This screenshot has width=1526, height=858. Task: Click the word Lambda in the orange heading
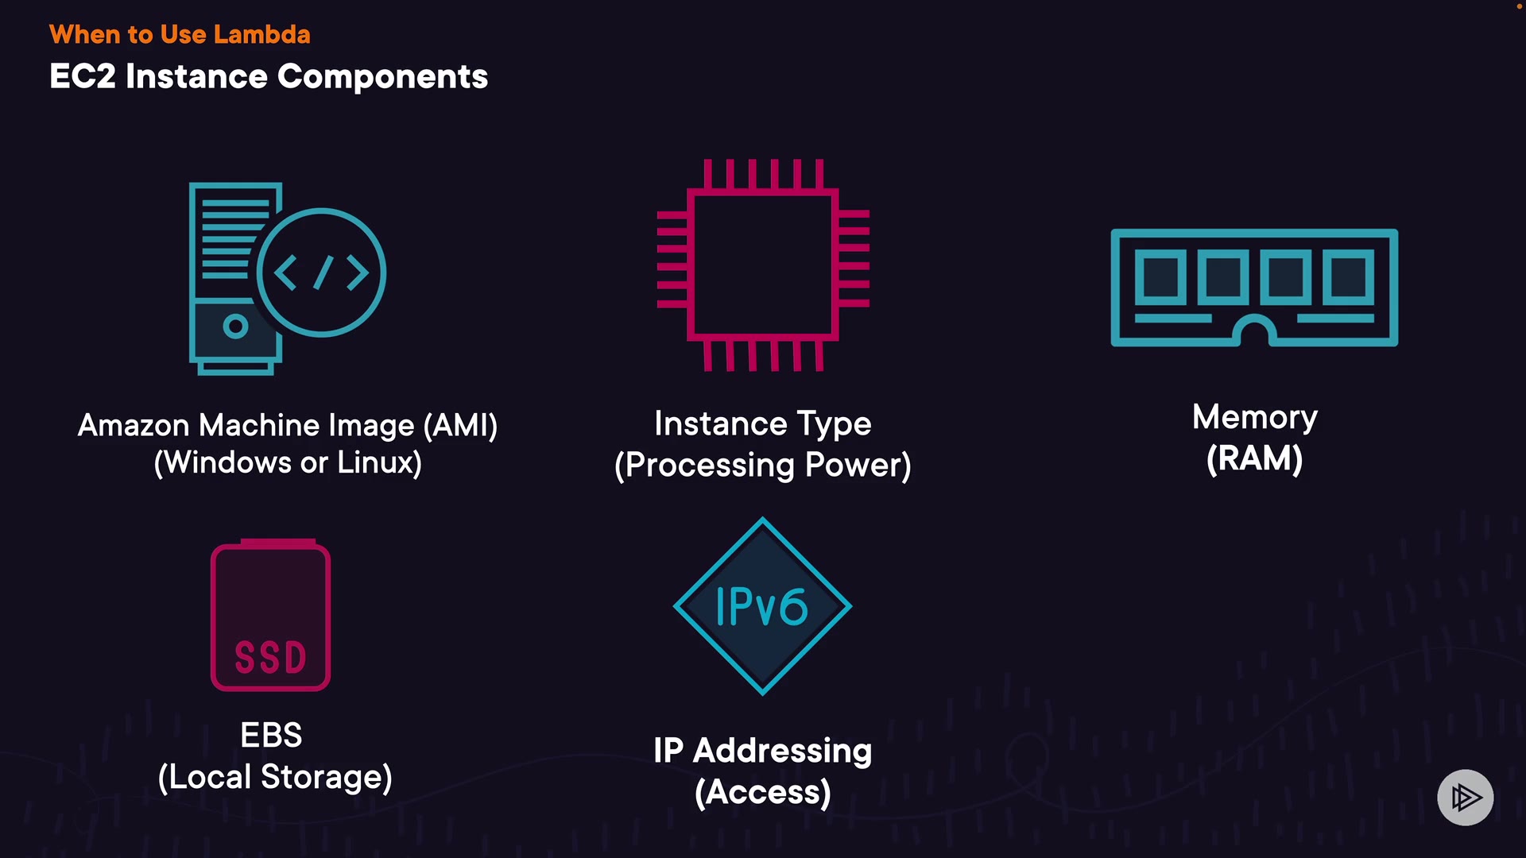click(261, 35)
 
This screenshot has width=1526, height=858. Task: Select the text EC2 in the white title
click(83, 77)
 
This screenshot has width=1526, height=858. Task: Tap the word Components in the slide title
click(382, 77)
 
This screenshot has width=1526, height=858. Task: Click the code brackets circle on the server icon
click(321, 272)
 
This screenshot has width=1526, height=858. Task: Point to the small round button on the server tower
click(235, 326)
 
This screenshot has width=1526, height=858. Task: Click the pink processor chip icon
click(762, 265)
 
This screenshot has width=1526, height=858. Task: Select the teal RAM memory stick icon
click(1253, 288)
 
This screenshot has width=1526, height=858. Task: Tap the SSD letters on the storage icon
click(270, 658)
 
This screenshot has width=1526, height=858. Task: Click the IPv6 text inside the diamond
click(761, 608)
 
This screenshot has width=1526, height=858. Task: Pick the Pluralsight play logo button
click(1465, 797)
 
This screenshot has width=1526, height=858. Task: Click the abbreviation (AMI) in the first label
click(460, 426)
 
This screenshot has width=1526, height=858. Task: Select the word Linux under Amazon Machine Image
click(379, 463)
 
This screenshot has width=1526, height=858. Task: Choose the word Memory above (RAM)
click(1254, 418)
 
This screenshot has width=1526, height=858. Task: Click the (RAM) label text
click(1254, 459)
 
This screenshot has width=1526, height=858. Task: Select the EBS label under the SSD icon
click(271, 736)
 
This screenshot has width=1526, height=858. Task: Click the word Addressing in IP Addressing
click(782, 752)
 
